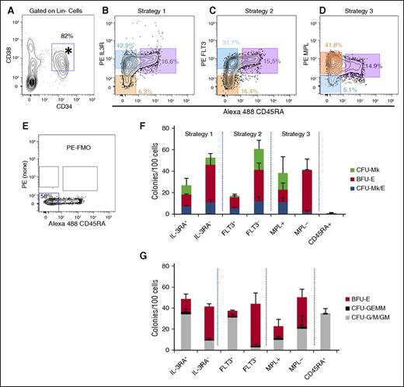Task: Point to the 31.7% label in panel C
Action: click(230, 43)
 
